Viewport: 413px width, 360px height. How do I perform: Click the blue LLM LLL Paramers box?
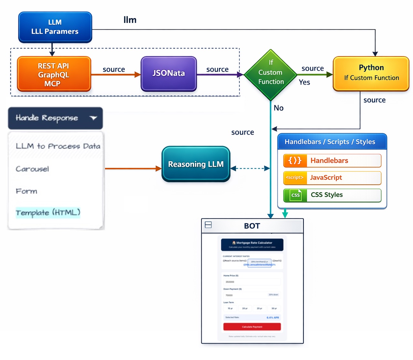click(55, 27)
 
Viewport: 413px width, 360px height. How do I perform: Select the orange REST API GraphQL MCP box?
click(54, 74)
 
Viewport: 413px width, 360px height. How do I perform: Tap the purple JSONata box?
click(169, 74)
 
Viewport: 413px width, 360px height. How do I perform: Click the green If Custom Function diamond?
click(270, 75)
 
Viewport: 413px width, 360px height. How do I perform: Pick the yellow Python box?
click(371, 73)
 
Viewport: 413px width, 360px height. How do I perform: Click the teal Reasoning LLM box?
click(196, 164)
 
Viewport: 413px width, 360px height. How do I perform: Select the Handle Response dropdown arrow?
click(93, 118)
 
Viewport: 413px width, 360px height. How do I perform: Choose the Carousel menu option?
click(32, 169)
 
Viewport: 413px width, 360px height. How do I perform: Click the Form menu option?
click(26, 191)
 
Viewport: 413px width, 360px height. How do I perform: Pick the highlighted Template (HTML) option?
click(48, 212)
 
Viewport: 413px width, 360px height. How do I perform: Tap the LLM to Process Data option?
click(58, 146)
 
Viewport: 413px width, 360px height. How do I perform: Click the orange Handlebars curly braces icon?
click(295, 160)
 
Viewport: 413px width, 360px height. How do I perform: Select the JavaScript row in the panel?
click(332, 178)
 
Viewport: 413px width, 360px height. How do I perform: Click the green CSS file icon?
click(295, 195)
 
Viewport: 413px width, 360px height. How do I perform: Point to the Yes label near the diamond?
click(304, 82)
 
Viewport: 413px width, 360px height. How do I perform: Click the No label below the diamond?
click(279, 108)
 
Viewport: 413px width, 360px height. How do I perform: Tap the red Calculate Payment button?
click(252, 327)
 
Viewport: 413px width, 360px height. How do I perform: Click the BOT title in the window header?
click(252, 226)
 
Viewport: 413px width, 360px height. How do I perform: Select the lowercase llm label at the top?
click(130, 20)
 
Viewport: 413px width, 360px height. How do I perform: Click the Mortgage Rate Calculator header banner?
click(252, 244)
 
